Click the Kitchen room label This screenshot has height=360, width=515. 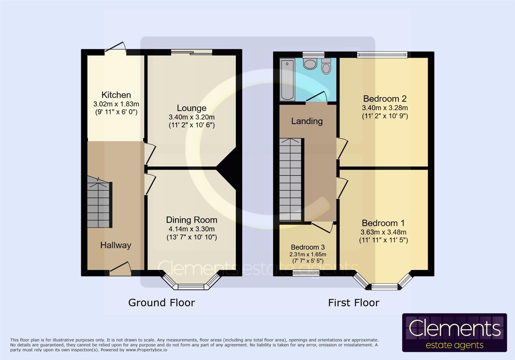coord(116,95)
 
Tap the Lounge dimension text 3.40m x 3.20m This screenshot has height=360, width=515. coord(191,117)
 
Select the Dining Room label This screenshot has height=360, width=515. coord(191,220)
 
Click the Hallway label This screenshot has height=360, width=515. coord(116,245)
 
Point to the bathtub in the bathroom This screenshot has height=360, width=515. coord(287,79)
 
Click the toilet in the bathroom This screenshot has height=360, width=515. coord(326,66)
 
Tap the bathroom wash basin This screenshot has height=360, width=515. coord(310,64)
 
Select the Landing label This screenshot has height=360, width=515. coord(307,121)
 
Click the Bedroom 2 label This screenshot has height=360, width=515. coord(385,99)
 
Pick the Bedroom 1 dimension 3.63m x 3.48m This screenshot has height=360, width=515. coord(383,232)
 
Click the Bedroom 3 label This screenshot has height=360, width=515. coord(308,247)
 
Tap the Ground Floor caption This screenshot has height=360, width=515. coord(161,303)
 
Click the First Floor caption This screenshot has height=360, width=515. coord(354,303)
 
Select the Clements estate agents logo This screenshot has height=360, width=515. coord(454,333)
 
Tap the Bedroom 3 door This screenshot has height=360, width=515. coord(323,227)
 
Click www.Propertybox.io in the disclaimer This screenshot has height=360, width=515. coord(146,350)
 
